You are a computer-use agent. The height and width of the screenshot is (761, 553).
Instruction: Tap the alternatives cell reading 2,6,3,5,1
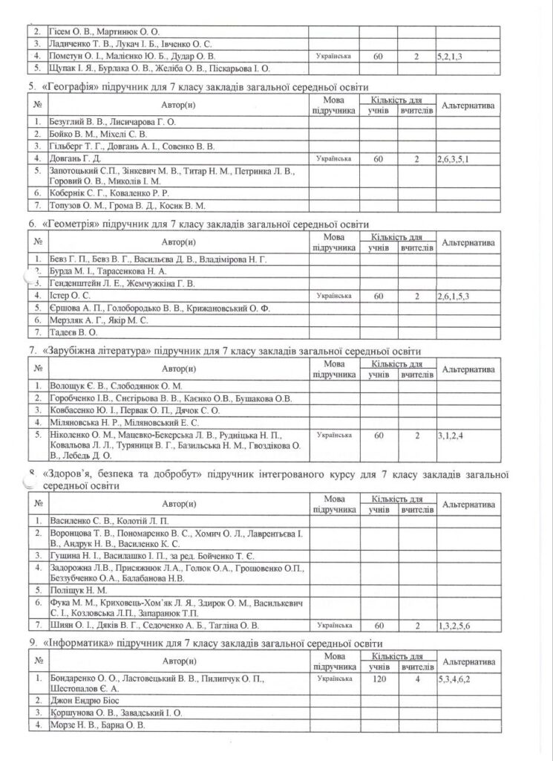(454, 158)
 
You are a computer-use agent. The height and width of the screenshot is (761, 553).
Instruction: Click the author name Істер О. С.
(70, 296)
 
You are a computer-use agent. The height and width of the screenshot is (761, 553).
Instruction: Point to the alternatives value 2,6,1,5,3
(454, 296)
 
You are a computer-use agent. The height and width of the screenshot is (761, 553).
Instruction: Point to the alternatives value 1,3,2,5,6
(454, 625)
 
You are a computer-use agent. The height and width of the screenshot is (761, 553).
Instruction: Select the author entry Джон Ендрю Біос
(86, 701)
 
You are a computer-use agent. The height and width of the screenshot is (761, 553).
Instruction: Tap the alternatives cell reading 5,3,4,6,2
(454, 679)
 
